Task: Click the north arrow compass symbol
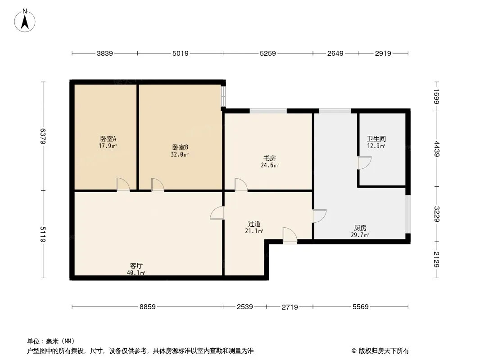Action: click(x=25, y=21)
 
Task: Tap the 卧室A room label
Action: click(x=108, y=139)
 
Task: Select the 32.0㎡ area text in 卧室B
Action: click(x=180, y=154)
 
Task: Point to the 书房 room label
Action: click(x=269, y=158)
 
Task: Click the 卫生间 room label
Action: click(x=376, y=139)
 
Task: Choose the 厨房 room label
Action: click(x=360, y=228)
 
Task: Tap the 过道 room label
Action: click(x=254, y=224)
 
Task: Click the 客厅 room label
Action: click(x=136, y=265)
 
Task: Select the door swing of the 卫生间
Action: click(x=365, y=163)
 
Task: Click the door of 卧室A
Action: click(x=123, y=185)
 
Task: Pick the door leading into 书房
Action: click(x=241, y=185)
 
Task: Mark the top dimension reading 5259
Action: click(x=268, y=54)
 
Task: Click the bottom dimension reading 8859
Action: click(x=148, y=306)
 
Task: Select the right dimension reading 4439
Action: click(x=437, y=149)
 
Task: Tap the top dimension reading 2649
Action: click(x=335, y=54)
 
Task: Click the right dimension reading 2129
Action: click(x=437, y=259)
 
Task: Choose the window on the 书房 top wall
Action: click(x=268, y=111)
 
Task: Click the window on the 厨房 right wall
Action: click(x=408, y=214)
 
